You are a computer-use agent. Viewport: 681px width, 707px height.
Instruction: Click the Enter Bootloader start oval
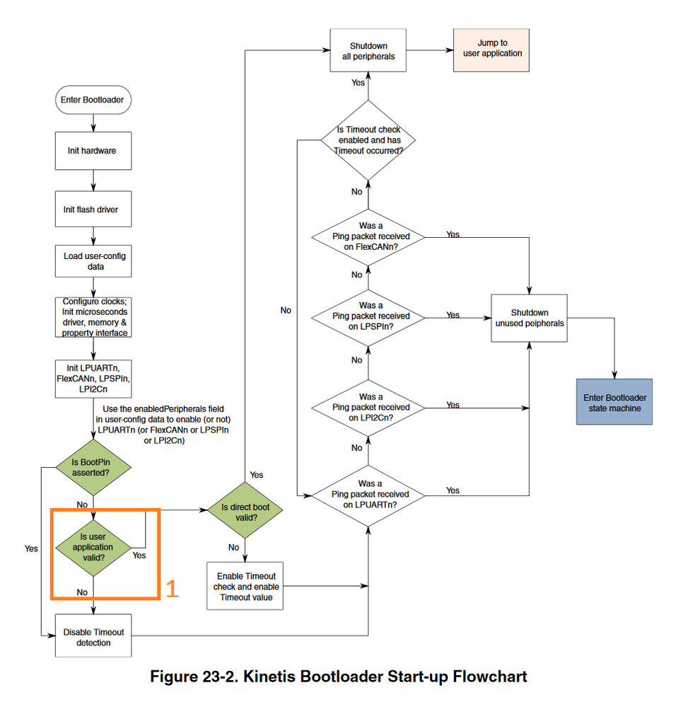pyautogui.click(x=92, y=100)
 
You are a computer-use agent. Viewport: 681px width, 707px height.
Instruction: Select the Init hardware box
pyautogui.click(x=92, y=151)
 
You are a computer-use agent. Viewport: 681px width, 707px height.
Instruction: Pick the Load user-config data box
pyautogui.click(x=92, y=261)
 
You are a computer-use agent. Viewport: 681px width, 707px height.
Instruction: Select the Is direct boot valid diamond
pyautogui.click(x=245, y=512)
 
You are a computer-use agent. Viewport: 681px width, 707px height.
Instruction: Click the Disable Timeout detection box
pyautogui.click(x=92, y=637)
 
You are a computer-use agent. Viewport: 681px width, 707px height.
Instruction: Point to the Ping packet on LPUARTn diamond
pyautogui.click(x=369, y=493)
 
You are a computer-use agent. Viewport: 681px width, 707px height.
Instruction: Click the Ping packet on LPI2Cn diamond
pyautogui.click(x=369, y=407)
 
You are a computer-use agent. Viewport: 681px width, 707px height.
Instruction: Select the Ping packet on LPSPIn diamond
pyautogui.click(x=369, y=316)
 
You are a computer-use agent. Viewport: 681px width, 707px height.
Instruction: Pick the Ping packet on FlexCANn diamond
pyautogui.click(x=369, y=235)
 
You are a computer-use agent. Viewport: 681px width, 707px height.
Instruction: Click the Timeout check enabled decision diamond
pyautogui.click(x=368, y=140)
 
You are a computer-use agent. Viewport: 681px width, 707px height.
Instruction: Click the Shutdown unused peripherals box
pyautogui.click(x=530, y=318)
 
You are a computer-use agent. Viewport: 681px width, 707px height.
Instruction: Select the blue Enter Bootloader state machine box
pyautogui.click(x=614, y=403)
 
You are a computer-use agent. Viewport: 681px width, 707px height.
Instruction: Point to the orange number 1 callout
pyautogui.click(x=171, y=589)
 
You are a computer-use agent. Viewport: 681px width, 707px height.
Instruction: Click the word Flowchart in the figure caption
pyautogui.click(x=488, y=677)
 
